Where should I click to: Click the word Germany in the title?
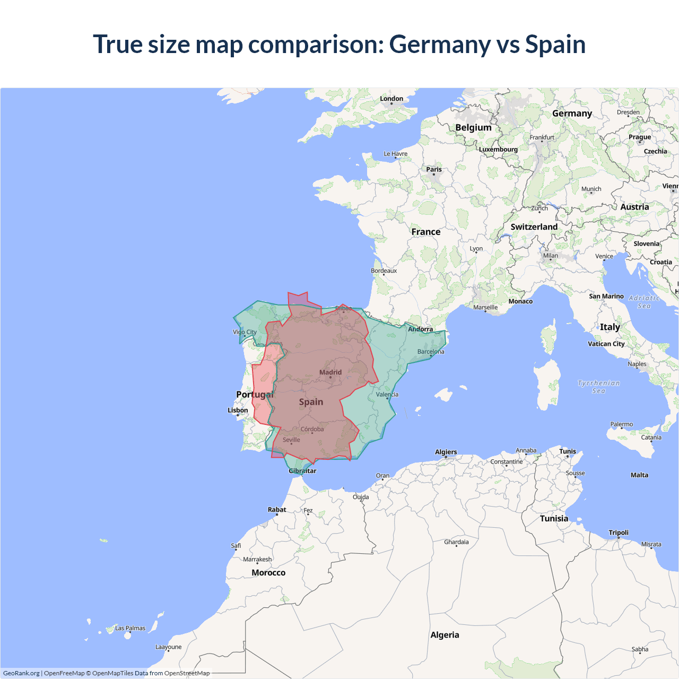[x=439, y=45]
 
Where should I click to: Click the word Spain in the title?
[x=555, y=45]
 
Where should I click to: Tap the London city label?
[x=391, y=99]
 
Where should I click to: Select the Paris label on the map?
[x=434, y=170]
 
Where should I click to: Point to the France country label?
[x=425, y=232]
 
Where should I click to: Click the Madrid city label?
[x=330, y=372]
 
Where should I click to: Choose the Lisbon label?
[x=238, y=410]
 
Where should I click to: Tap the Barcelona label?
[x=431, y=352]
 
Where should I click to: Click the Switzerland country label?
[x=534, y=227]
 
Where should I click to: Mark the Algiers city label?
[x=446, y=452]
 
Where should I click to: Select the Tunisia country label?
[x=554, y=518]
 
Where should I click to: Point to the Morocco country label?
[x=268, y=573]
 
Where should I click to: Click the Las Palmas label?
[x=130, y=628]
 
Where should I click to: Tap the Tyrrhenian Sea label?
[x=598, y=387]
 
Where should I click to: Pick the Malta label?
[x=639, y=475]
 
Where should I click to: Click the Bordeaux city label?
[x=384, y=271]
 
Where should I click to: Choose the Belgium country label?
[x=473, y=128]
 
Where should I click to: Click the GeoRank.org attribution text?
[x=21, y=673]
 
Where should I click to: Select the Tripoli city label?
[x=619, y=533]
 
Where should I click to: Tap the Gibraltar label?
[x=302, y=471]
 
